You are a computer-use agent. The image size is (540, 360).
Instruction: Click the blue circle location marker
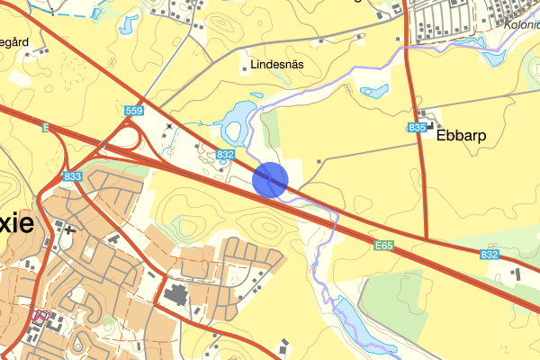coord(270,179)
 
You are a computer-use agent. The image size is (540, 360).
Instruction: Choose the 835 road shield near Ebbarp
coord(416,129)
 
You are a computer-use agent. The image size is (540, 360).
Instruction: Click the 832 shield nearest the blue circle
coord(226,155)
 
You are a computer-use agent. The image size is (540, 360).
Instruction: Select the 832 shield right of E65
coord(490,256)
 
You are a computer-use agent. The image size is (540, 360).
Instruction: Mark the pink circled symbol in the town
coord(40,316)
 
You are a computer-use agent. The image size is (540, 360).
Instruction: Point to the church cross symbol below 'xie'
coord(70,229)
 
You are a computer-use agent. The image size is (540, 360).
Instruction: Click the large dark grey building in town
coord(176,294)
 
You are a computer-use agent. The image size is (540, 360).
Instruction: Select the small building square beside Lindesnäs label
coord(244,66)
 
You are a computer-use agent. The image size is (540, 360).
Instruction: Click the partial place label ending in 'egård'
coord(17,41)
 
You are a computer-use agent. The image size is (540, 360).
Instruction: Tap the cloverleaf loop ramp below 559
coord(126,138)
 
